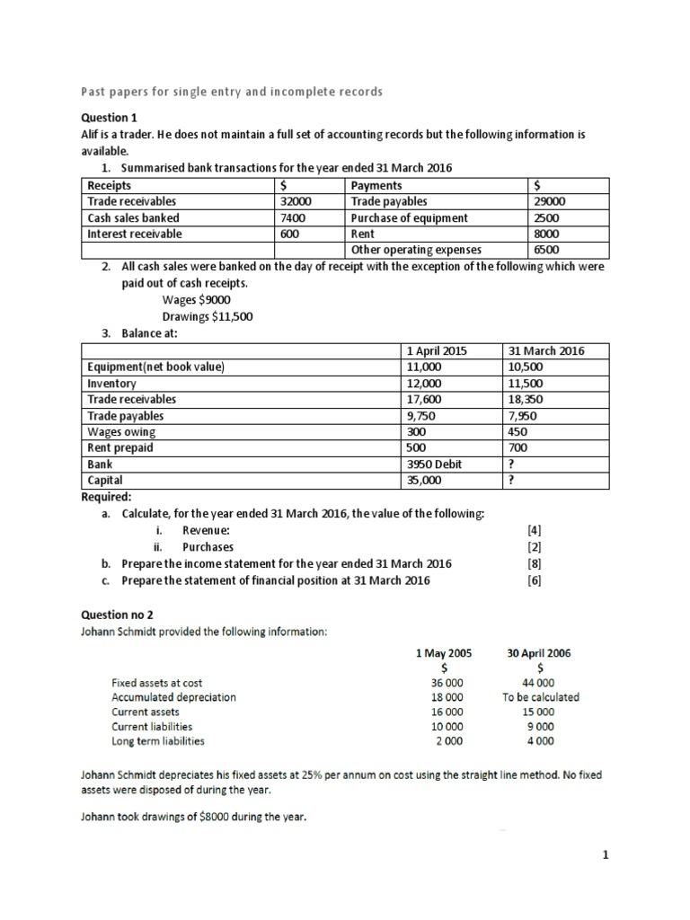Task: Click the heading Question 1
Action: click(x=110, y=118)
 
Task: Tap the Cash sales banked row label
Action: click(x=133, y=217)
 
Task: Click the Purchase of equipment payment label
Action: click(x=409, y=217)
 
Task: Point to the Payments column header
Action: click(x=377, y=185)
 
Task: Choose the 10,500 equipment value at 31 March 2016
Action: click(x=526, y=367)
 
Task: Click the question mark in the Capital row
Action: click(x=511, y=481)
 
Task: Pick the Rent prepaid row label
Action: click(x=120, y=448)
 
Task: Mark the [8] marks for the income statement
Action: click(x=535, y=563)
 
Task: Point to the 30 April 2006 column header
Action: click(x=540, y=653)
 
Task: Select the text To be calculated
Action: click(x=541, y=696)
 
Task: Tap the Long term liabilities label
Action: click(x=157, y=741)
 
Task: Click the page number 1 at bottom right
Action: click(x=606, y=855)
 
